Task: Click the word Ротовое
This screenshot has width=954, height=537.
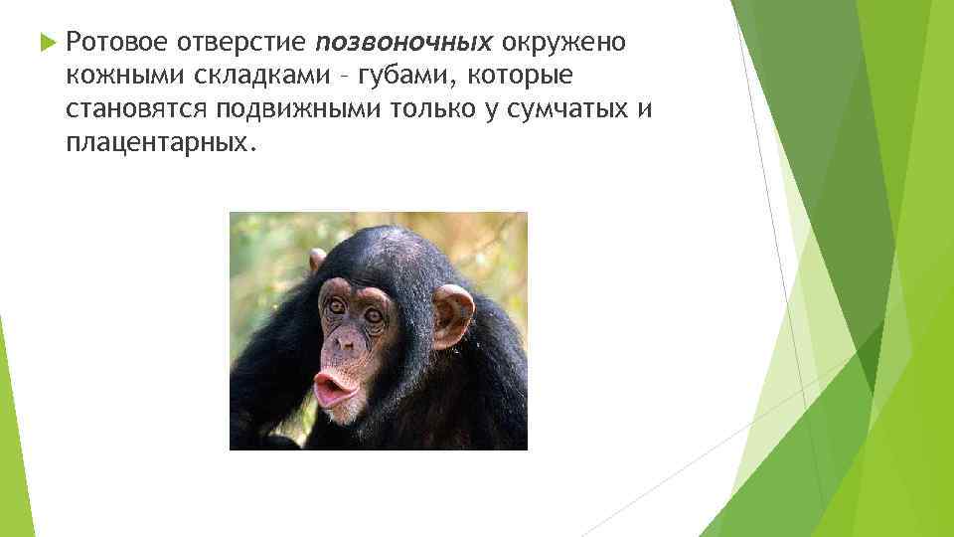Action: (112, 42)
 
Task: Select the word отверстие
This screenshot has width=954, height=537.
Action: (240, 42)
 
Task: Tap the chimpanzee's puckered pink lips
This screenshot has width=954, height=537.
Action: (334, 387)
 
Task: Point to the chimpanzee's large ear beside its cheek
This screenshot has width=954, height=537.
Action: (451, 315)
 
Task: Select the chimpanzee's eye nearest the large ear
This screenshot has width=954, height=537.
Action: (374, 316)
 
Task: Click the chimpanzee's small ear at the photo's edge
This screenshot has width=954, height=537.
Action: (317, 261)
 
